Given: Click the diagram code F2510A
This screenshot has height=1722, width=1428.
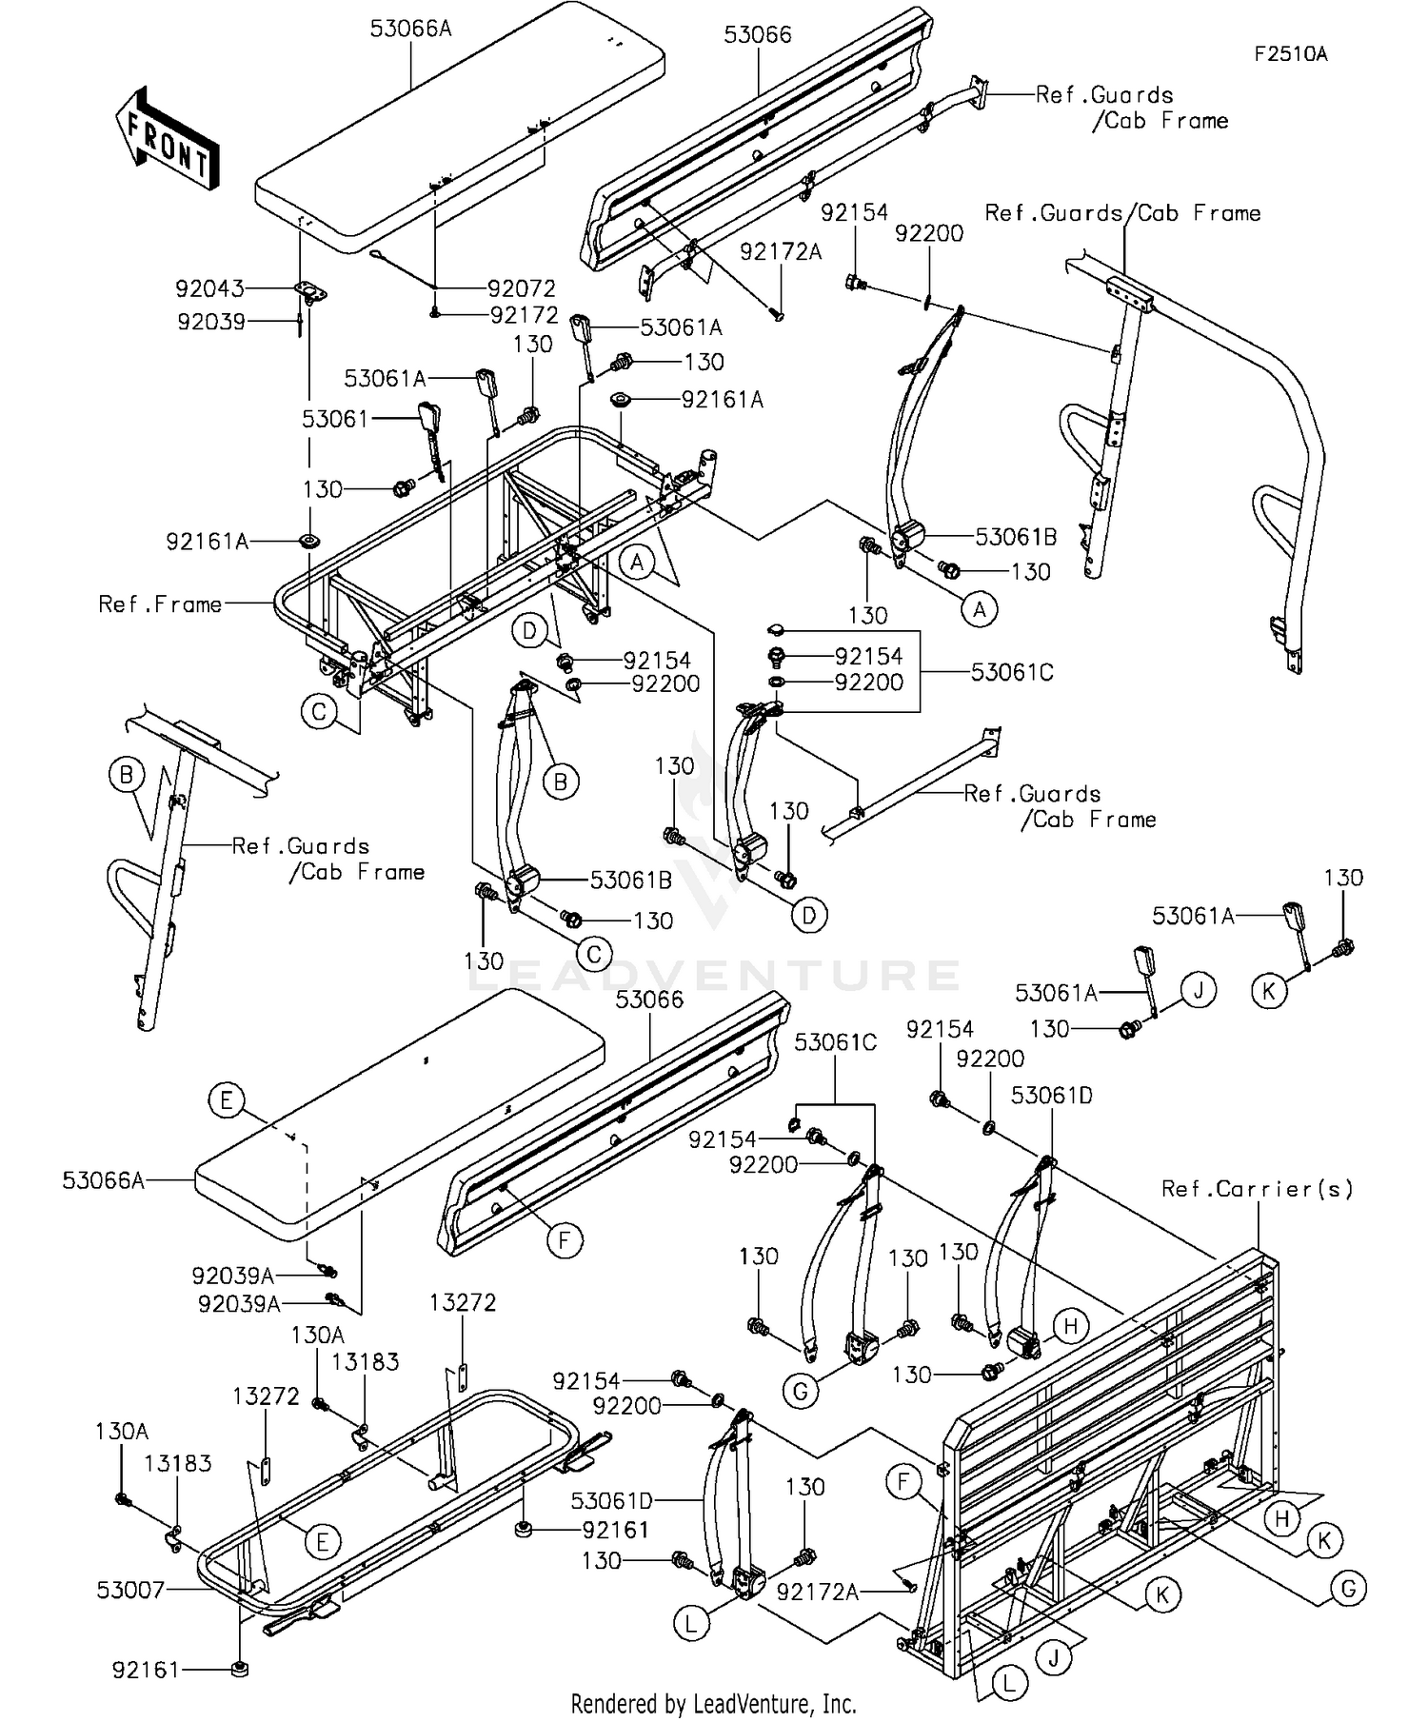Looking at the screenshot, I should tap(1290, 54).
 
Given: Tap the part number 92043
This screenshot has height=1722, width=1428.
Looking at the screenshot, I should tap(209, 287).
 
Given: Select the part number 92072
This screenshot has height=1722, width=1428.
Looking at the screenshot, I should tap(522, 287).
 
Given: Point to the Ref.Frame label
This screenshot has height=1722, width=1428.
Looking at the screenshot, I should tap(160, 604).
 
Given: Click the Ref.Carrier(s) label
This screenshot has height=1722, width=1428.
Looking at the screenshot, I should tap(1257, 1189).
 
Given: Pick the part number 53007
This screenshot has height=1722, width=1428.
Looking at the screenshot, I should tap(130, 1589).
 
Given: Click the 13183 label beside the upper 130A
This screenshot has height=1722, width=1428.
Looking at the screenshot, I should tap(365, 1362).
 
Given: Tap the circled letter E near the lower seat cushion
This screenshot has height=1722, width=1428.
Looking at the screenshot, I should tap(226, 1101).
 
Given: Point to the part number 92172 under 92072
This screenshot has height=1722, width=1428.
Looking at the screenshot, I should tap(524, 315).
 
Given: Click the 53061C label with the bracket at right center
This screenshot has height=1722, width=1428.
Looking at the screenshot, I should tap(1012, 672).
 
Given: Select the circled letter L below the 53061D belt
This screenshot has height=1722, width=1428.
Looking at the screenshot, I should tap(691, 1623).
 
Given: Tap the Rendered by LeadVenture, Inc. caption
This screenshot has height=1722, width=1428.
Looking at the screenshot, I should tap(713, 1702).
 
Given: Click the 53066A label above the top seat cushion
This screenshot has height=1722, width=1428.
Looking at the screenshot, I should tap(410, 29).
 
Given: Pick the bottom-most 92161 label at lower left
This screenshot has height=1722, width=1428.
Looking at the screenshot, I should tap(146, 1670).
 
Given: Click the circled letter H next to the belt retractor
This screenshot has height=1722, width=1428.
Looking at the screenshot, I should tap(1070, 1326).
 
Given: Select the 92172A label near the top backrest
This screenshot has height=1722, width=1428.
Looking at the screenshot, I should tap(781, 251).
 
